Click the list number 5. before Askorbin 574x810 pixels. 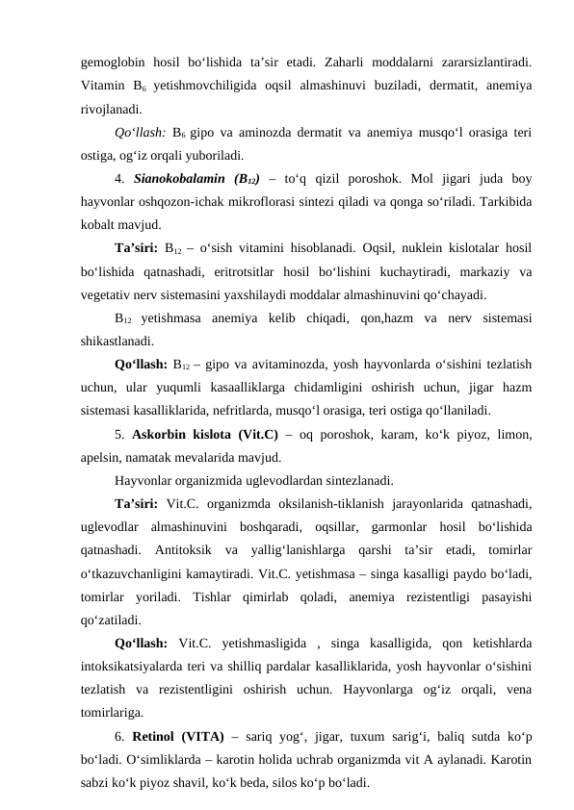coord(120,435)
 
